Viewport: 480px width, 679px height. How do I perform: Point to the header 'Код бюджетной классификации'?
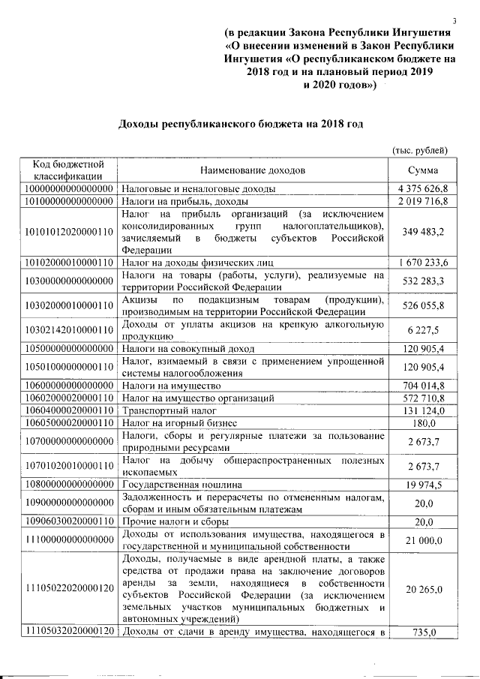[x=67, y=170]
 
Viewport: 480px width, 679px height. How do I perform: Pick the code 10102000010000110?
[x=67, y=262]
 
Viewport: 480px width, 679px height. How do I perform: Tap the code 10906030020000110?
[x=67, y=521]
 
